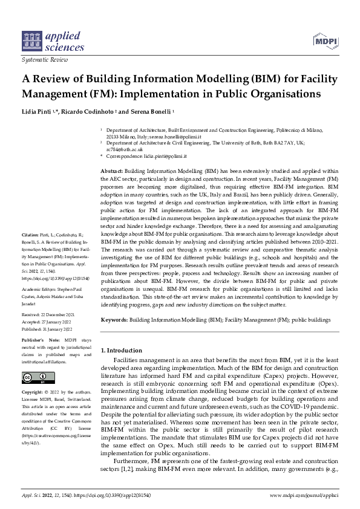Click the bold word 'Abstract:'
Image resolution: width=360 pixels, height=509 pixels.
111,172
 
